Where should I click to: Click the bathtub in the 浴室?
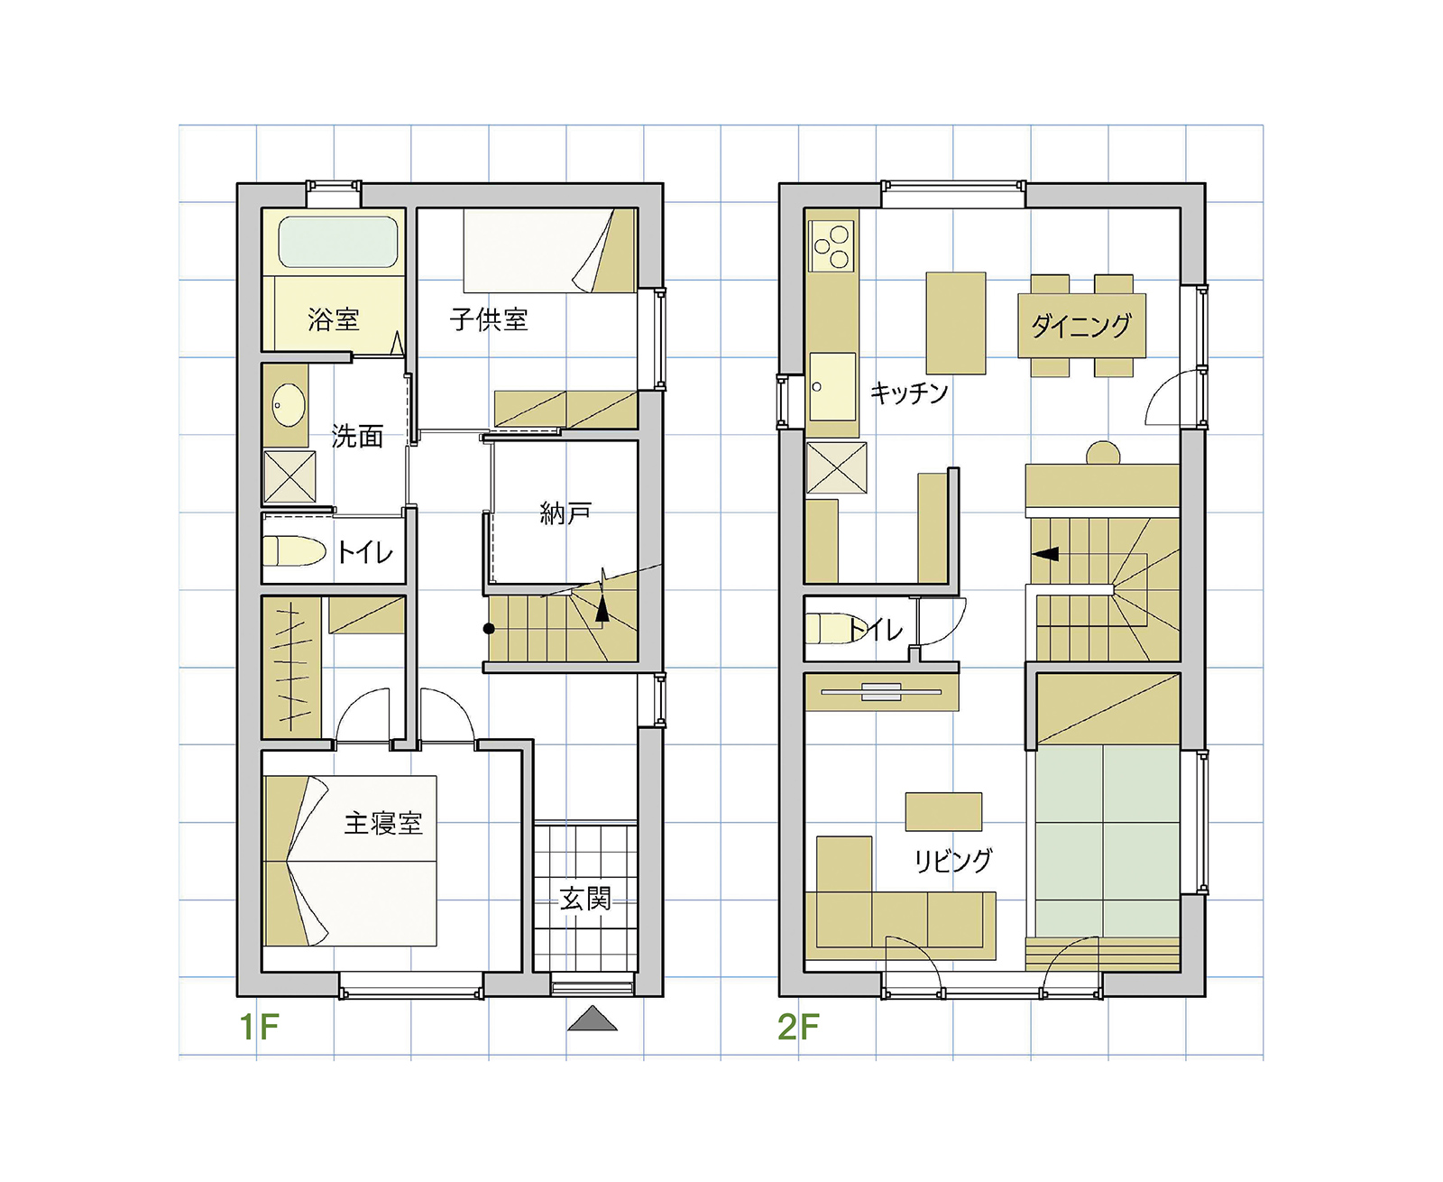point(338,242)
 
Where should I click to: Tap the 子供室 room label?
point(489,319)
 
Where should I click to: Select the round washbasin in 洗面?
point(288,405)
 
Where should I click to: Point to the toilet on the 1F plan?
point(294,550)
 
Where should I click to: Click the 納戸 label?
point(565,513)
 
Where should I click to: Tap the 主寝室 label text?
point(383,823)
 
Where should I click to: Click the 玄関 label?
point(585,899)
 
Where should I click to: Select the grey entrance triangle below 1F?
point(593,1018)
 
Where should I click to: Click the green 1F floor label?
point(260,1027)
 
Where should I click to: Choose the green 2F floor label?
point(798,1027)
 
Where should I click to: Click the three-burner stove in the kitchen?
point(832,245)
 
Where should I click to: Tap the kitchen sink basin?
point(832,387)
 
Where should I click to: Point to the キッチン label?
point(908,392)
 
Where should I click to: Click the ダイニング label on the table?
point(1081,326)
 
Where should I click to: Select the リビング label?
point(953,860)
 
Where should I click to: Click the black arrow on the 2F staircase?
point(1045,554)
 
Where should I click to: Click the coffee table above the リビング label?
point(943,812)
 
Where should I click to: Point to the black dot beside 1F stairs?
point(489,628)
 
